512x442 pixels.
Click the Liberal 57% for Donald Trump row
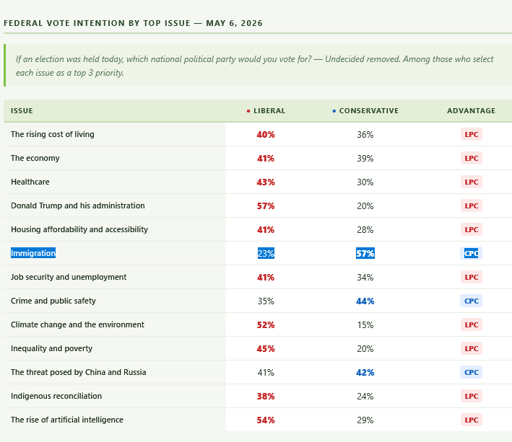[x=266, y=206]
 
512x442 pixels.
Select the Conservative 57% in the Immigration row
[x=365, y=253]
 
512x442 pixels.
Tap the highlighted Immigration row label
[x=33, y=253]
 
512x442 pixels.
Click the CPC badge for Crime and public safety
[x=471, y=301]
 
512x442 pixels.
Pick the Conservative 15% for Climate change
[x=365, y=325]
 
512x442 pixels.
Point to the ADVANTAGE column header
[x=471, y=111]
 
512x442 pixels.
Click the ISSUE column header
[x=22, y=111]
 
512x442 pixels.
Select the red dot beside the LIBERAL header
[x=248, y=111]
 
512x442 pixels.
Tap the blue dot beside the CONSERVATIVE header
[x=334, y=111]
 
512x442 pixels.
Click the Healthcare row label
[x=30, y=182]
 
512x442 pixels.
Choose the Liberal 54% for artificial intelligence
[x=266, y=420]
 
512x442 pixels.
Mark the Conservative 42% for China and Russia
[x=365, y=373]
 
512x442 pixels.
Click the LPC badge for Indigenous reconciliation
[x=471, y=396]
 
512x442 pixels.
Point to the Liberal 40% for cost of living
[x=266, y=135]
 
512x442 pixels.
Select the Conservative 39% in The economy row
[x=365, y=159]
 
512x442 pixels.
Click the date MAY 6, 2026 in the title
[x=234, y=23]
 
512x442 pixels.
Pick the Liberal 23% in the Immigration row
[x=266, y=253]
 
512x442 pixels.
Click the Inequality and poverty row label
[x=51, y=348]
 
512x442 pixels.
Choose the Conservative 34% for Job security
[x=365, y=278]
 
